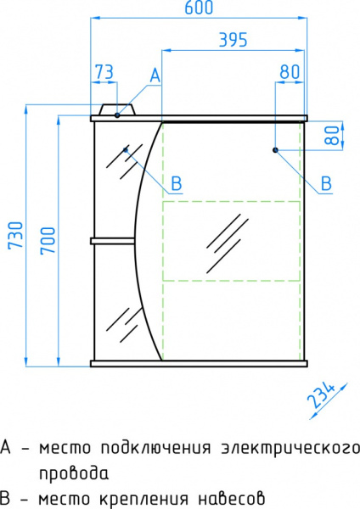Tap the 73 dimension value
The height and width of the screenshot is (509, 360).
pos(104,73)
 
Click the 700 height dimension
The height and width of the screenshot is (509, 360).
pos(43,242)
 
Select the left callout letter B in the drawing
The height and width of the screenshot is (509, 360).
pos(176,182)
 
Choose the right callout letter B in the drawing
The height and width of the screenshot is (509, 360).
pos(326,182)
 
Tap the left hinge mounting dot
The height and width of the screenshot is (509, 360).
pos(126,150)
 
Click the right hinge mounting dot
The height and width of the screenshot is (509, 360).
pos(276,150)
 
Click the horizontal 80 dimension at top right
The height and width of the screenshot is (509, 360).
pos(289,73)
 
